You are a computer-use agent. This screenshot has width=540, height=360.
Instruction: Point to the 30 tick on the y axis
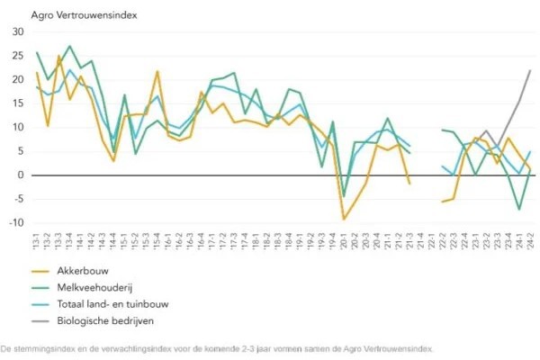coord(18,31)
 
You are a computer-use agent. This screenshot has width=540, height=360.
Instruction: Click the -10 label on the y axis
coord(16,223)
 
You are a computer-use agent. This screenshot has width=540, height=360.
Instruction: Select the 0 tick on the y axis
coord(21,175)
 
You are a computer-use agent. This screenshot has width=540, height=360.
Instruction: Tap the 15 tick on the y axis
coord(18,103)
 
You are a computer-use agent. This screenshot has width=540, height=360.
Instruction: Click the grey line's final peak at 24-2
coord(530,70)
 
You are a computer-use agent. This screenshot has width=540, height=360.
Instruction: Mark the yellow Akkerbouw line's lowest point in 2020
coord(343,219)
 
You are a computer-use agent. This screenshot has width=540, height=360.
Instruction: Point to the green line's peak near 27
coord(69,46)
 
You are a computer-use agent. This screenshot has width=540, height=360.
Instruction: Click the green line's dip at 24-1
coord(519,210)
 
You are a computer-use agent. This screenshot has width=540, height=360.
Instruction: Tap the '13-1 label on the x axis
coord(37,240)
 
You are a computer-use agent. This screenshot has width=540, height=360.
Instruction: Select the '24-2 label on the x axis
coord(530,240)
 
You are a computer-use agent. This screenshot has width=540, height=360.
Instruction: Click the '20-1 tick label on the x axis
coord(343,240)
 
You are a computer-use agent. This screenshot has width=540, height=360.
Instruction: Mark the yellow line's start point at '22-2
coord(442,202)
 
